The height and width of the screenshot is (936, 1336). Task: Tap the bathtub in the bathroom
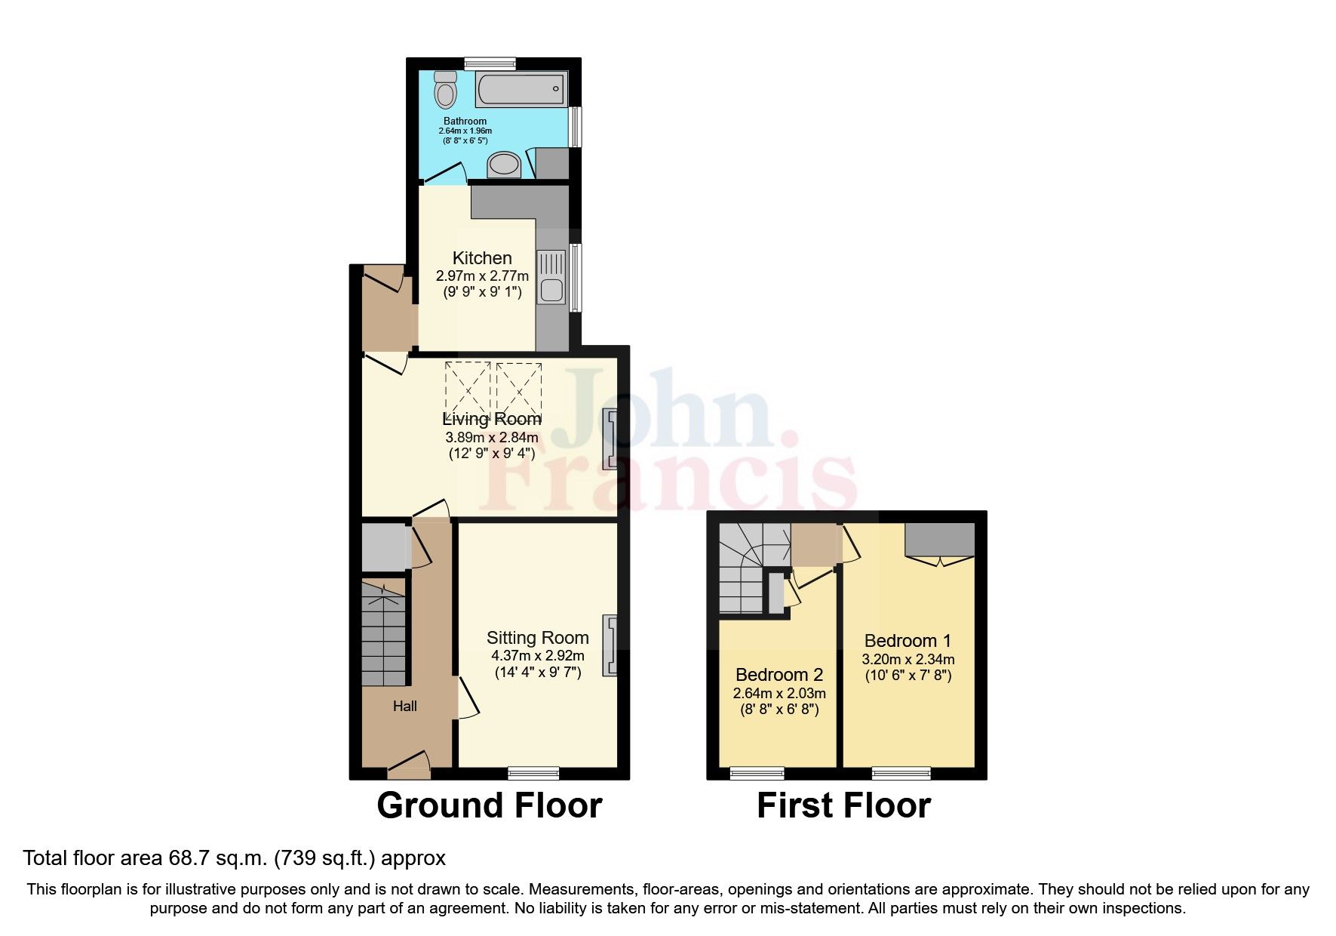521,90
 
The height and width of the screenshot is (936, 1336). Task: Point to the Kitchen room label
482,258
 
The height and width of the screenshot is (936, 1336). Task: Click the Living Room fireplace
610,437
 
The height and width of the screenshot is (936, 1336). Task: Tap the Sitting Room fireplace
610,644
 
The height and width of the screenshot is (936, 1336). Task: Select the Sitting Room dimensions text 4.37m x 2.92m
537,656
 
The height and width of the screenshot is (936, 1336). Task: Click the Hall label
404,707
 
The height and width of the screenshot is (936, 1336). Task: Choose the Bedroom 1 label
908,641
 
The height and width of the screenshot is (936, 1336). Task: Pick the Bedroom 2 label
779,675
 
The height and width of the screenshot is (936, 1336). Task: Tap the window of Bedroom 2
757,773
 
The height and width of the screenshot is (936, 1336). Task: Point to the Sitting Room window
533,773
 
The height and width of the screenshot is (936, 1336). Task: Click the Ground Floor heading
489,805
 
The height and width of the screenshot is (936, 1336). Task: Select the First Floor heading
843,805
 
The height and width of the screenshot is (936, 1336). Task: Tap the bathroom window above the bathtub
490,63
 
